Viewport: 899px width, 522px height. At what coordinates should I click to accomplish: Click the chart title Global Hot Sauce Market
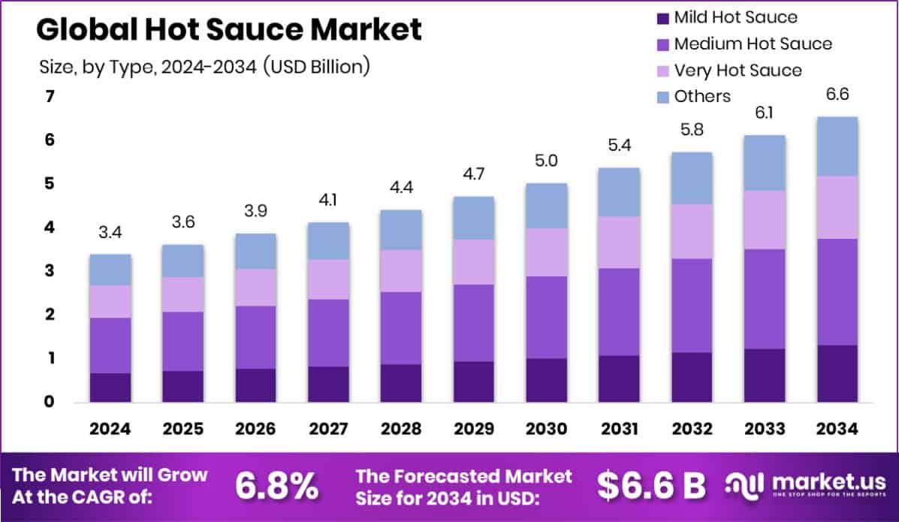(228, 29)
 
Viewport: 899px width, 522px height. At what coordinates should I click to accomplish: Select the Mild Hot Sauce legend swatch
(662, 17)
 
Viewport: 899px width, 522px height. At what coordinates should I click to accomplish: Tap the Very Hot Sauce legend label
(738, 70)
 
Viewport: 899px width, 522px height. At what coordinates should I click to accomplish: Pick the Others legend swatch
(662, 96)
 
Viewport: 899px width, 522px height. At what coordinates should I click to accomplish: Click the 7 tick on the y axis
(50, 96)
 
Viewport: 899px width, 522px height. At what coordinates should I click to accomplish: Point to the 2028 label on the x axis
(401, 429)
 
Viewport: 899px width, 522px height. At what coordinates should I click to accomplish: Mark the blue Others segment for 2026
(255, 251)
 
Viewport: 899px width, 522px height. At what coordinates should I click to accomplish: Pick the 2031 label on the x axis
(620, 429)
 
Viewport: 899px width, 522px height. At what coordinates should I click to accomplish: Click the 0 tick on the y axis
(50, 402)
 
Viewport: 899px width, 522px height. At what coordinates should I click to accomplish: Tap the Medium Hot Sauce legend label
(753, 44)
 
